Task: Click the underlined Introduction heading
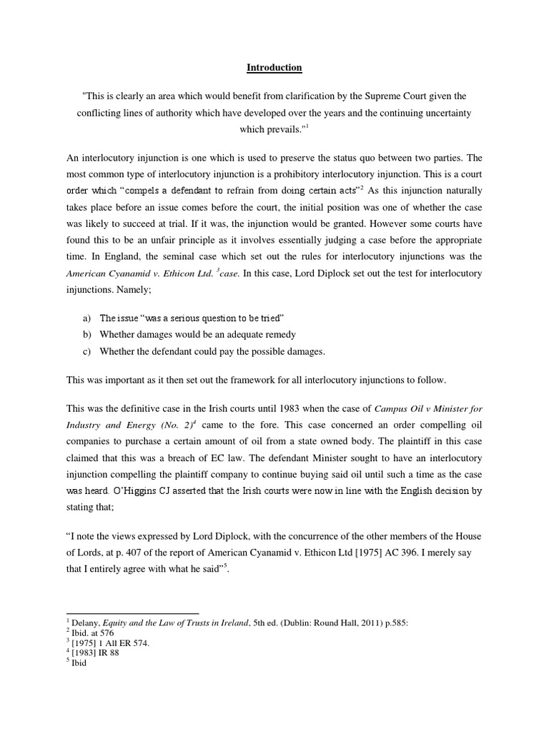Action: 274,68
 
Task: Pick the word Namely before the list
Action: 147,291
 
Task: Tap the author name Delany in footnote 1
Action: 83,623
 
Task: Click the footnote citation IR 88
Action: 105,652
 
